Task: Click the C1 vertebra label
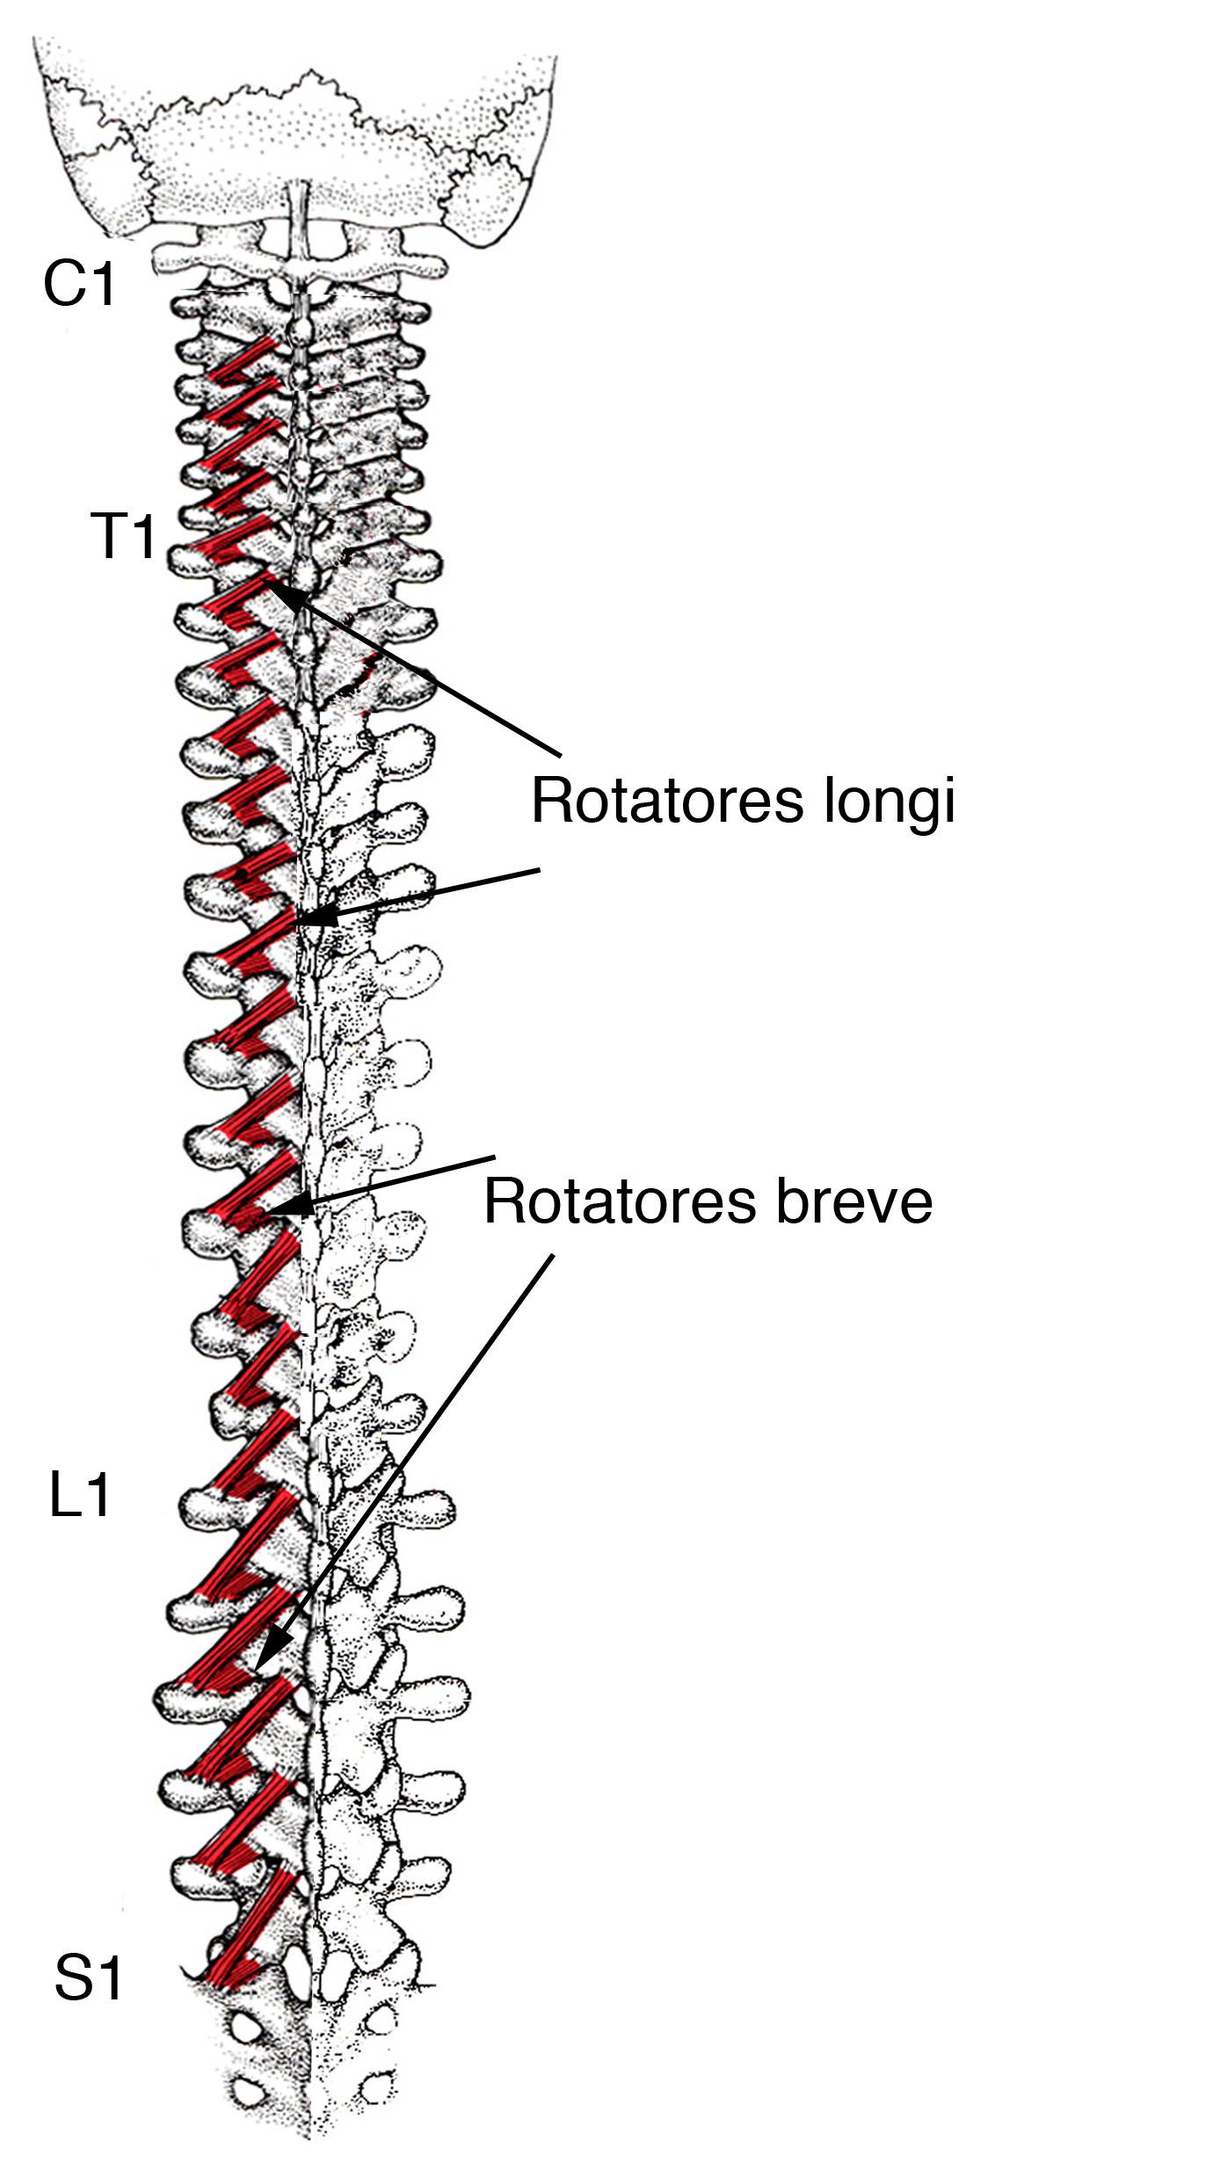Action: (x=79, y=284)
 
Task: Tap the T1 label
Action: (x=123, y=536)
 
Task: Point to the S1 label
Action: (x=88, y=1978)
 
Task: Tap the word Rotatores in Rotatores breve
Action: (x=620, y=1201)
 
